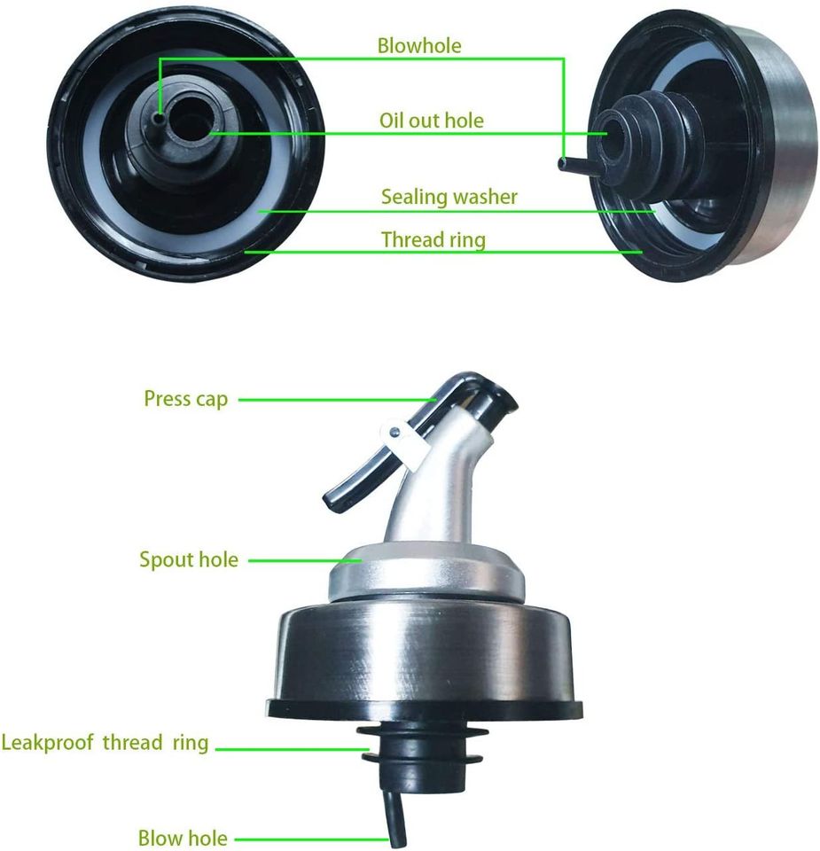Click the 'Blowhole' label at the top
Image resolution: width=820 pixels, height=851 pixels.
click(419, 45)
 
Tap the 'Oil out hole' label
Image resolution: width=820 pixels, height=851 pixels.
click(432, 121)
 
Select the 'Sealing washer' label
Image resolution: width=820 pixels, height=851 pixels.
click(449, 197)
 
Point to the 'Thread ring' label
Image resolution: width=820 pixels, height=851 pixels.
click(433, 239)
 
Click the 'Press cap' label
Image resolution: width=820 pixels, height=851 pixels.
click(185, 399)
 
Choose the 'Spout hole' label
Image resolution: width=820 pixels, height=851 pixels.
click(189, 559)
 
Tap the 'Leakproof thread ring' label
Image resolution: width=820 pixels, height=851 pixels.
click(105, 743)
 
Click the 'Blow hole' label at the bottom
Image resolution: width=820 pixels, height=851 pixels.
click(183, 838)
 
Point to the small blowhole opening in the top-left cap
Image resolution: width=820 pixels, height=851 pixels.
click(159, 118)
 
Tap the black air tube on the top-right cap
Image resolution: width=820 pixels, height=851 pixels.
click(580, 166)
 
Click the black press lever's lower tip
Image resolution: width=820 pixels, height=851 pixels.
click(332, 501)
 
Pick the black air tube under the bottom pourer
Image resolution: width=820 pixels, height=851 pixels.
click(395, 818)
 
